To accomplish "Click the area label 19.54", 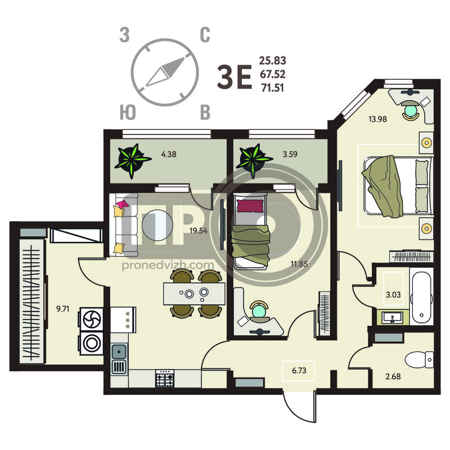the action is click(199, 231).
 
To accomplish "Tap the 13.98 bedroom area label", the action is click(377, 119).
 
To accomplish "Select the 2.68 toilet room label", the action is click(393, 376).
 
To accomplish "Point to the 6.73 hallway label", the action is click(299, 371).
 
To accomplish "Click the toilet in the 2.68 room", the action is click(419, 359).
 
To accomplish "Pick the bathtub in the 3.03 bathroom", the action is click(421, 297).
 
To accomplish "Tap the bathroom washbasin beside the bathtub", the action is click(392, 317).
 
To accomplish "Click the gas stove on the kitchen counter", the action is click(165, 378).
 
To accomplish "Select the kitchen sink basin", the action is click(119, 352).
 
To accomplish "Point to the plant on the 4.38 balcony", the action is click(132, 160).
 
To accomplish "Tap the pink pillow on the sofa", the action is click(123, 204).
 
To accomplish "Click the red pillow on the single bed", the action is click(250, 206).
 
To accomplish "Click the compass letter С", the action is click(205, 35).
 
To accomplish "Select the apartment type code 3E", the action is click(235, 76).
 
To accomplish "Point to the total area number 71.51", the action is click(272, 88).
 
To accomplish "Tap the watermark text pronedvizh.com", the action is click(168, 265).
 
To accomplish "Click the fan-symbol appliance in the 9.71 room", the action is click(92, 319).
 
